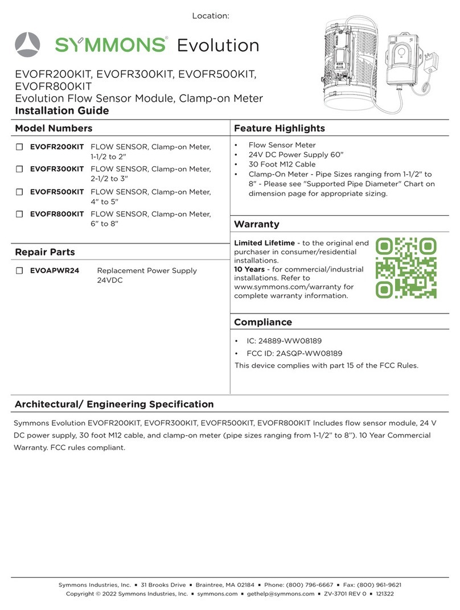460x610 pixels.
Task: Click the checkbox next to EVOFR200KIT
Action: pyautogui.click(x=19, y=147)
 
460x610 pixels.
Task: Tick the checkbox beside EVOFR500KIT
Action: pyautogui.click(x=19, y=192)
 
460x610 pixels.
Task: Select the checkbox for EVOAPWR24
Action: pyautogui.click(x=19, y=271)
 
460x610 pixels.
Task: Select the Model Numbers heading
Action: pyautogui.click(x=53, y=129)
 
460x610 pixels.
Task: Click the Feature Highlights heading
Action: pyautogui.click(x=279, y=129)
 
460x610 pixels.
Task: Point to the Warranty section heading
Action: pyautogui.click(x=256, y=224)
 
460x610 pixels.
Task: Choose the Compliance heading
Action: pyautogui.click(x=262, y=322)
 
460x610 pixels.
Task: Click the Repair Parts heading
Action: pyautogui.click(x=44, y=252)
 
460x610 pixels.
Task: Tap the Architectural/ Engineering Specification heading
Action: pyautogui.click(x=114, y=405)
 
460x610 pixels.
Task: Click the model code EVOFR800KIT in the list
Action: pyautogui.click(x=57, y=214)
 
